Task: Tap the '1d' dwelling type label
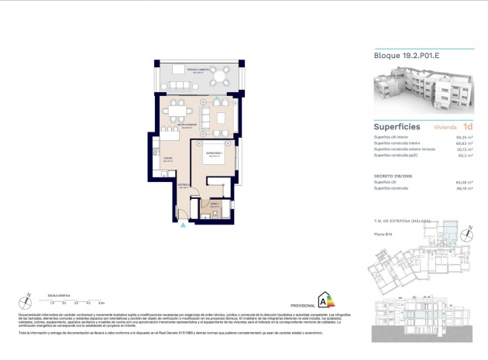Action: point(467,126)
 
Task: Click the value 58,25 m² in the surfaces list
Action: point(466,137)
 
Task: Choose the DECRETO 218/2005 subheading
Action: point(390,177)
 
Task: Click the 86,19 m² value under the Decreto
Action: point(466,188)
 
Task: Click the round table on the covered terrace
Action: point(222,76)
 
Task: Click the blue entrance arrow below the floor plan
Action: point(183,226)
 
